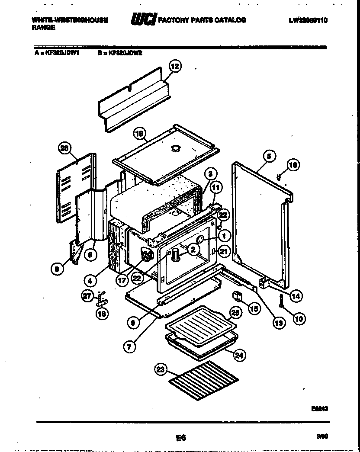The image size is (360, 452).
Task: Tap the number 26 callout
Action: (x=64, y=148)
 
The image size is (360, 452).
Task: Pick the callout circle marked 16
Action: (x=293, y=165)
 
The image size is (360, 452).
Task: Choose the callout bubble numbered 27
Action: (x=88, y=296)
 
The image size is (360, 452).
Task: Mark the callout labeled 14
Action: (x=296, y=296)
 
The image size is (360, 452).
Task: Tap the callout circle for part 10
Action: (x=299, y=319)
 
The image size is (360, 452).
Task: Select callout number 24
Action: (x=238, y=355)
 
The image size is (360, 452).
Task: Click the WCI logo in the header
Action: (x=143, y=20)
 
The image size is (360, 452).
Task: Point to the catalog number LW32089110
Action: (x=309, y=20)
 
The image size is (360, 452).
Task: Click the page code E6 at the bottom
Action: (x=180, y=437)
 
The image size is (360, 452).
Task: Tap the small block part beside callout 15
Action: (x=238, y=295)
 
